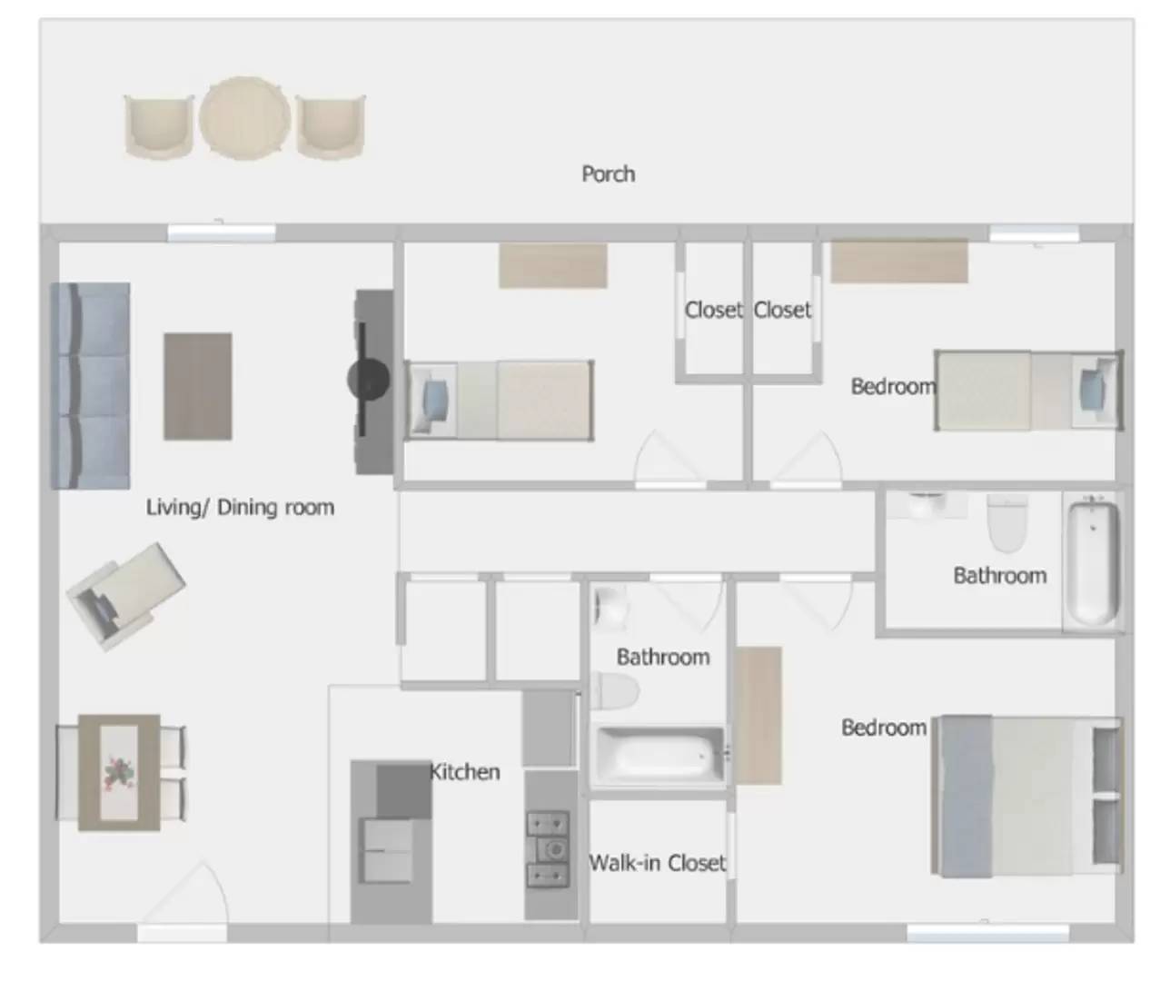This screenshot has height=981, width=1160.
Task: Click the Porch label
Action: (608, 173)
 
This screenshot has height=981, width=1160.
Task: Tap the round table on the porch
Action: (244, 119)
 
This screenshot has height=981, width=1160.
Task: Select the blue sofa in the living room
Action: (89, 386)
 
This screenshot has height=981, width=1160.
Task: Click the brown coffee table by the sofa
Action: (197, 386)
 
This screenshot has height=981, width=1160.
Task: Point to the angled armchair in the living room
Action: (125, 595)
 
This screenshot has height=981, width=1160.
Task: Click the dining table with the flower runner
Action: (119, 772)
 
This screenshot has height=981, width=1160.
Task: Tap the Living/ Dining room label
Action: (240, 507)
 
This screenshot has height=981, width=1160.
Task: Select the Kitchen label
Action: (465, 772)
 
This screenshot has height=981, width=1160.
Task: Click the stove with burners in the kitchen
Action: (549, 849)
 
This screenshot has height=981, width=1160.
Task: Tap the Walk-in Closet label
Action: (658, 862)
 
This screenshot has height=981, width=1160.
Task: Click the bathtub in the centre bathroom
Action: (658, 754)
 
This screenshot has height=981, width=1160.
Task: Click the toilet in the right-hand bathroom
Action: (1006, 523)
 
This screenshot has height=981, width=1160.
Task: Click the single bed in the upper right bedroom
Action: (1027, 391)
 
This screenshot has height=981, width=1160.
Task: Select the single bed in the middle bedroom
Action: (499, 401)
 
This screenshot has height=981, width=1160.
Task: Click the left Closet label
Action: (713, 310)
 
